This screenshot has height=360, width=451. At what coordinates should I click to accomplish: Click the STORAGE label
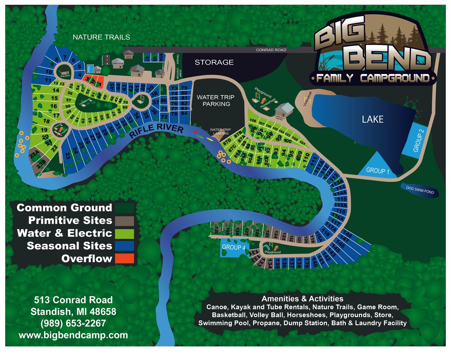(x=214, y=62)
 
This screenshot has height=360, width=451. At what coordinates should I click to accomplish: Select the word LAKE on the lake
(x=372, y=119)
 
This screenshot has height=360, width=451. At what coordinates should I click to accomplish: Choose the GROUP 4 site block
(x=233, y=247)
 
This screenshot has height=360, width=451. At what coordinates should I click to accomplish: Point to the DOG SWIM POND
(x=420, y=190)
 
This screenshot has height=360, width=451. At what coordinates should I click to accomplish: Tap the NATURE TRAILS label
(x=101, y=37)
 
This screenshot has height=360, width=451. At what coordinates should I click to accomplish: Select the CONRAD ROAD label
(x=271, y=50)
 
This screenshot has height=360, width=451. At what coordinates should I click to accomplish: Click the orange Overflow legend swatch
(x=124, y=259)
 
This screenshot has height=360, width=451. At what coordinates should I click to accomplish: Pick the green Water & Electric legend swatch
(x=124, y=233)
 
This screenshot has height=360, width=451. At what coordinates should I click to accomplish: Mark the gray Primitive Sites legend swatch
(x=124, y=220)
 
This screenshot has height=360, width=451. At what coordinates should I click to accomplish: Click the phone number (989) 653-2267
(x=73, y=324)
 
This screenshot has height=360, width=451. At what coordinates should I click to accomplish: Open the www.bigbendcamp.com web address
(x=73, y=335)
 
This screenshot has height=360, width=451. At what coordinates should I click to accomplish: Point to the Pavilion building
(x=64, y=70)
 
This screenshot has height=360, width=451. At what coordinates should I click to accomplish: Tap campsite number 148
(x=348, y=235)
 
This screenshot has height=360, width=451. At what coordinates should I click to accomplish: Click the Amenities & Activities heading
(x=302, y=299)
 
